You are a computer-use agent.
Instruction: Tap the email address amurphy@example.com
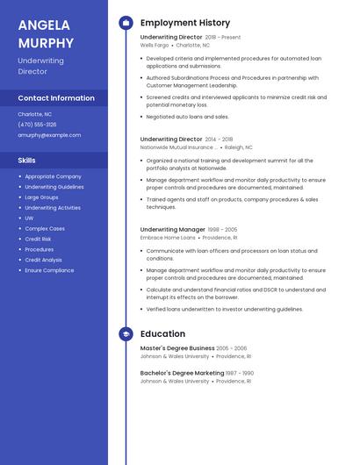click(49, 135)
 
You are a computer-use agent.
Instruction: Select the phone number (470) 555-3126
click(37, 125)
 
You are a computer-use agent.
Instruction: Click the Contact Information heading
click(56, 98)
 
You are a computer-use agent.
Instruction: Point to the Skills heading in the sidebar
click(27, 161)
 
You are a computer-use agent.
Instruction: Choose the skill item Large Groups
click(43, 197)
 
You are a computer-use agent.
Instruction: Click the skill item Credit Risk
click(38, 239)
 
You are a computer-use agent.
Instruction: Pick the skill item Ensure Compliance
click(49, 270)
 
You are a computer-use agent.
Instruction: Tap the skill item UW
click(29, 218)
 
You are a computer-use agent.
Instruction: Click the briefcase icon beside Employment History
click(126, 23)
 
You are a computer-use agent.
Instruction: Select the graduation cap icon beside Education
click(126, 334)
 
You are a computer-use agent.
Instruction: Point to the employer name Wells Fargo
click(153, 45)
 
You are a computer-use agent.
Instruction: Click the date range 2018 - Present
click(222, 38)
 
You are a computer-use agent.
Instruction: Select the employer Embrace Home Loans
click(168, 238)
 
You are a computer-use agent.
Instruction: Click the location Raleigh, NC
click(238, 147)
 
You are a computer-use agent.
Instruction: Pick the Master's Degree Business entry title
click(176, 348)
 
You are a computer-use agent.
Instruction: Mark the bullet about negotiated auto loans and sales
click(187, 116)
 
